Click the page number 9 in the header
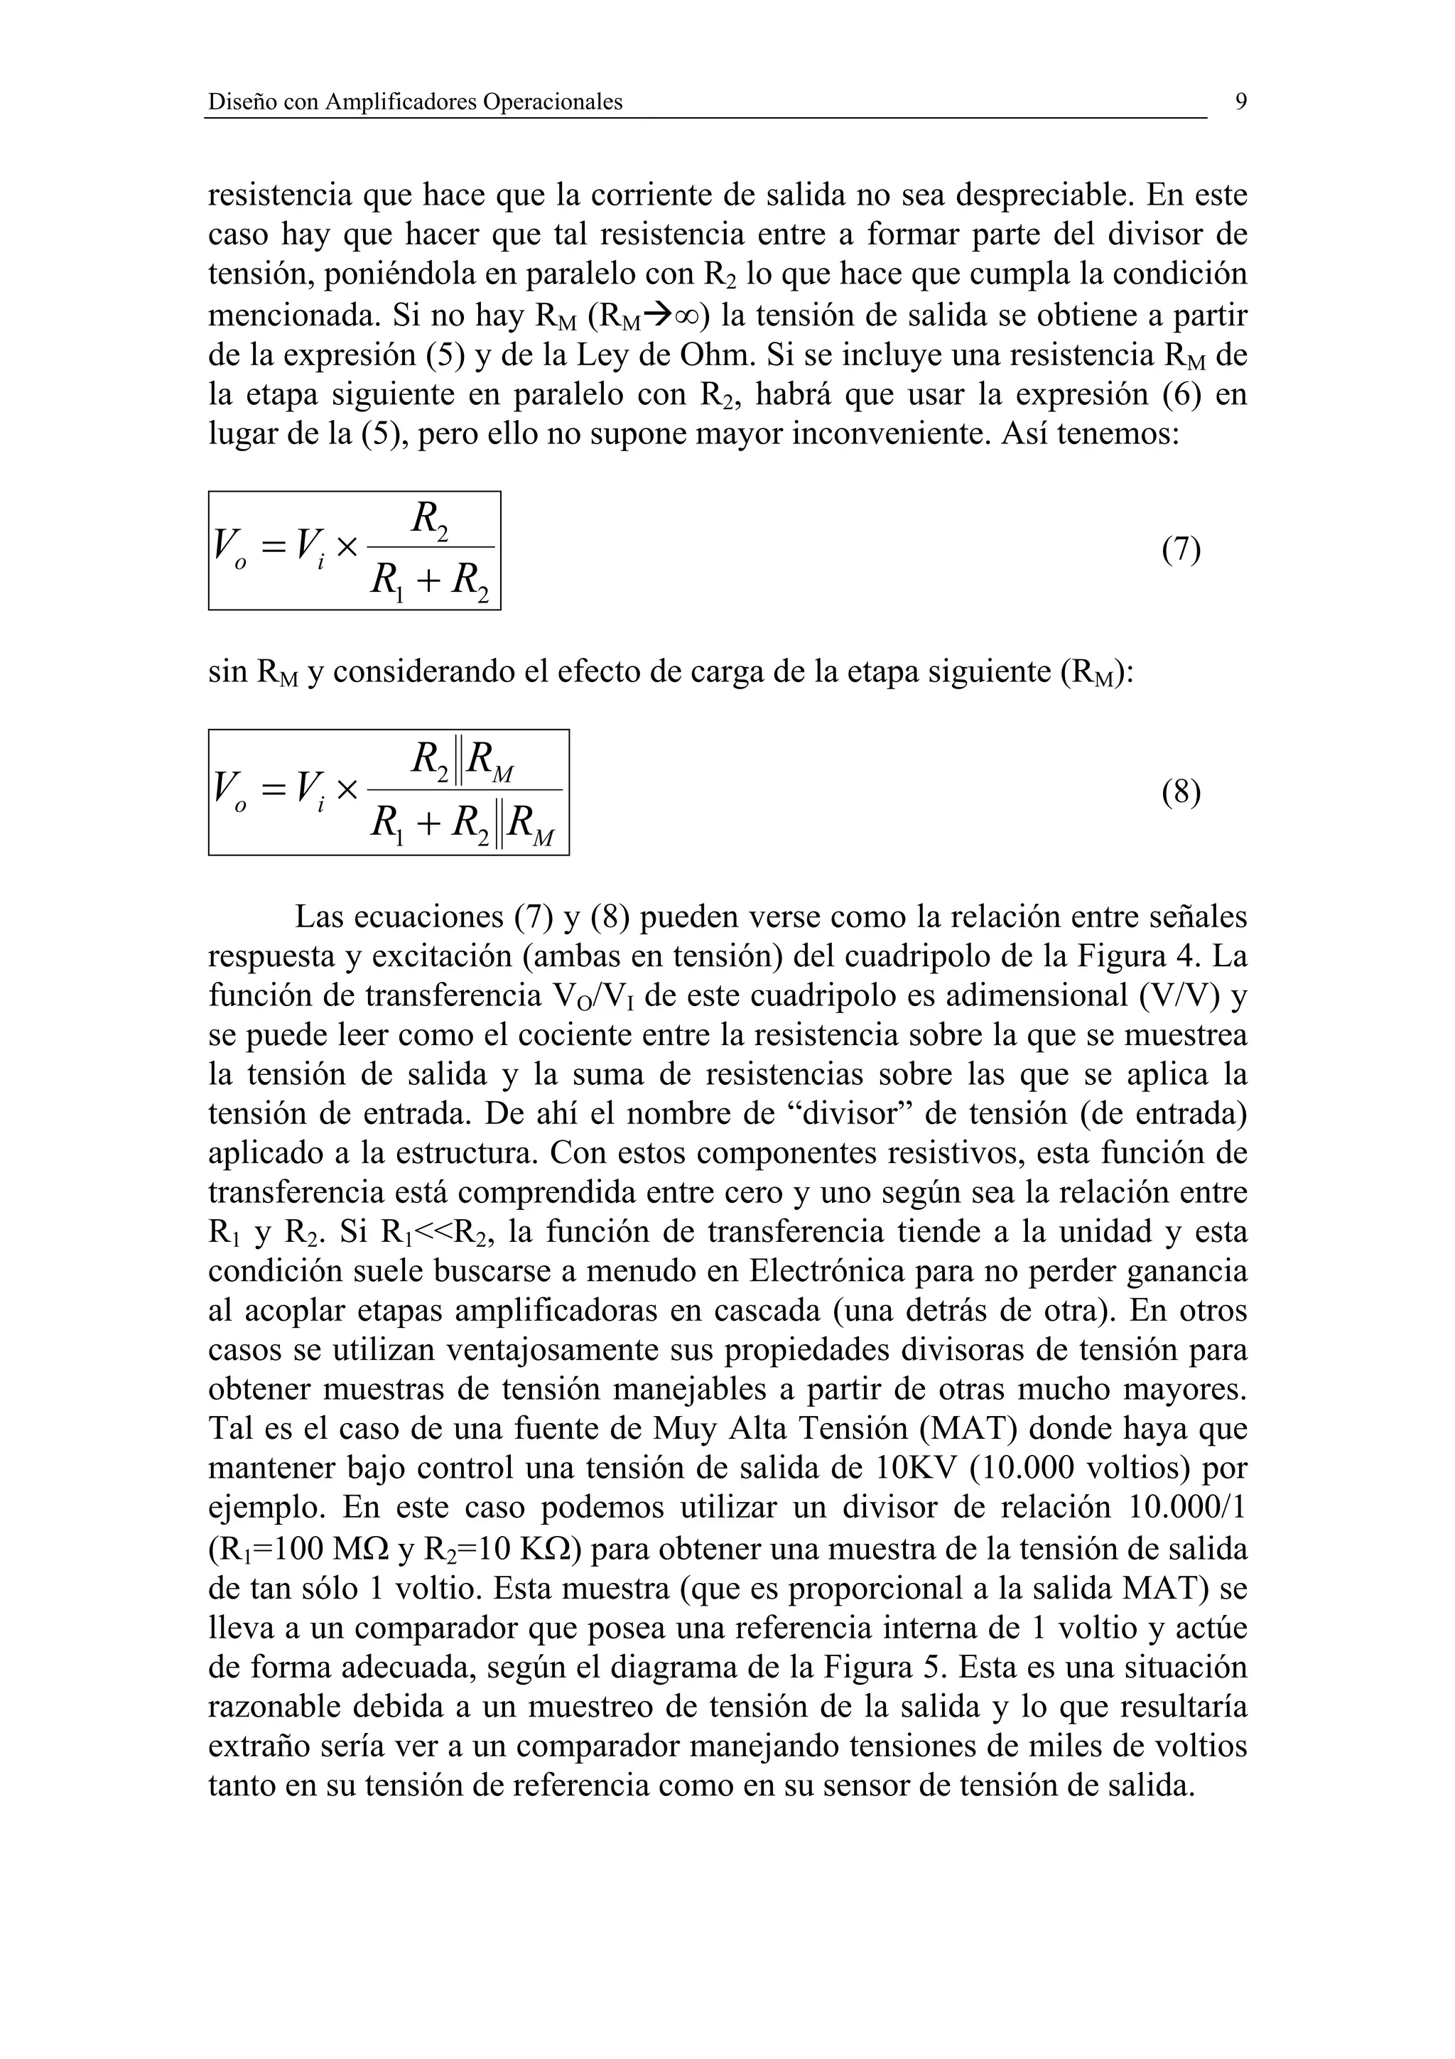tap(1240, 102)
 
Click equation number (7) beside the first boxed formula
tap(1181, 548)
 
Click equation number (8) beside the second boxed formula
tap(1181, 792)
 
